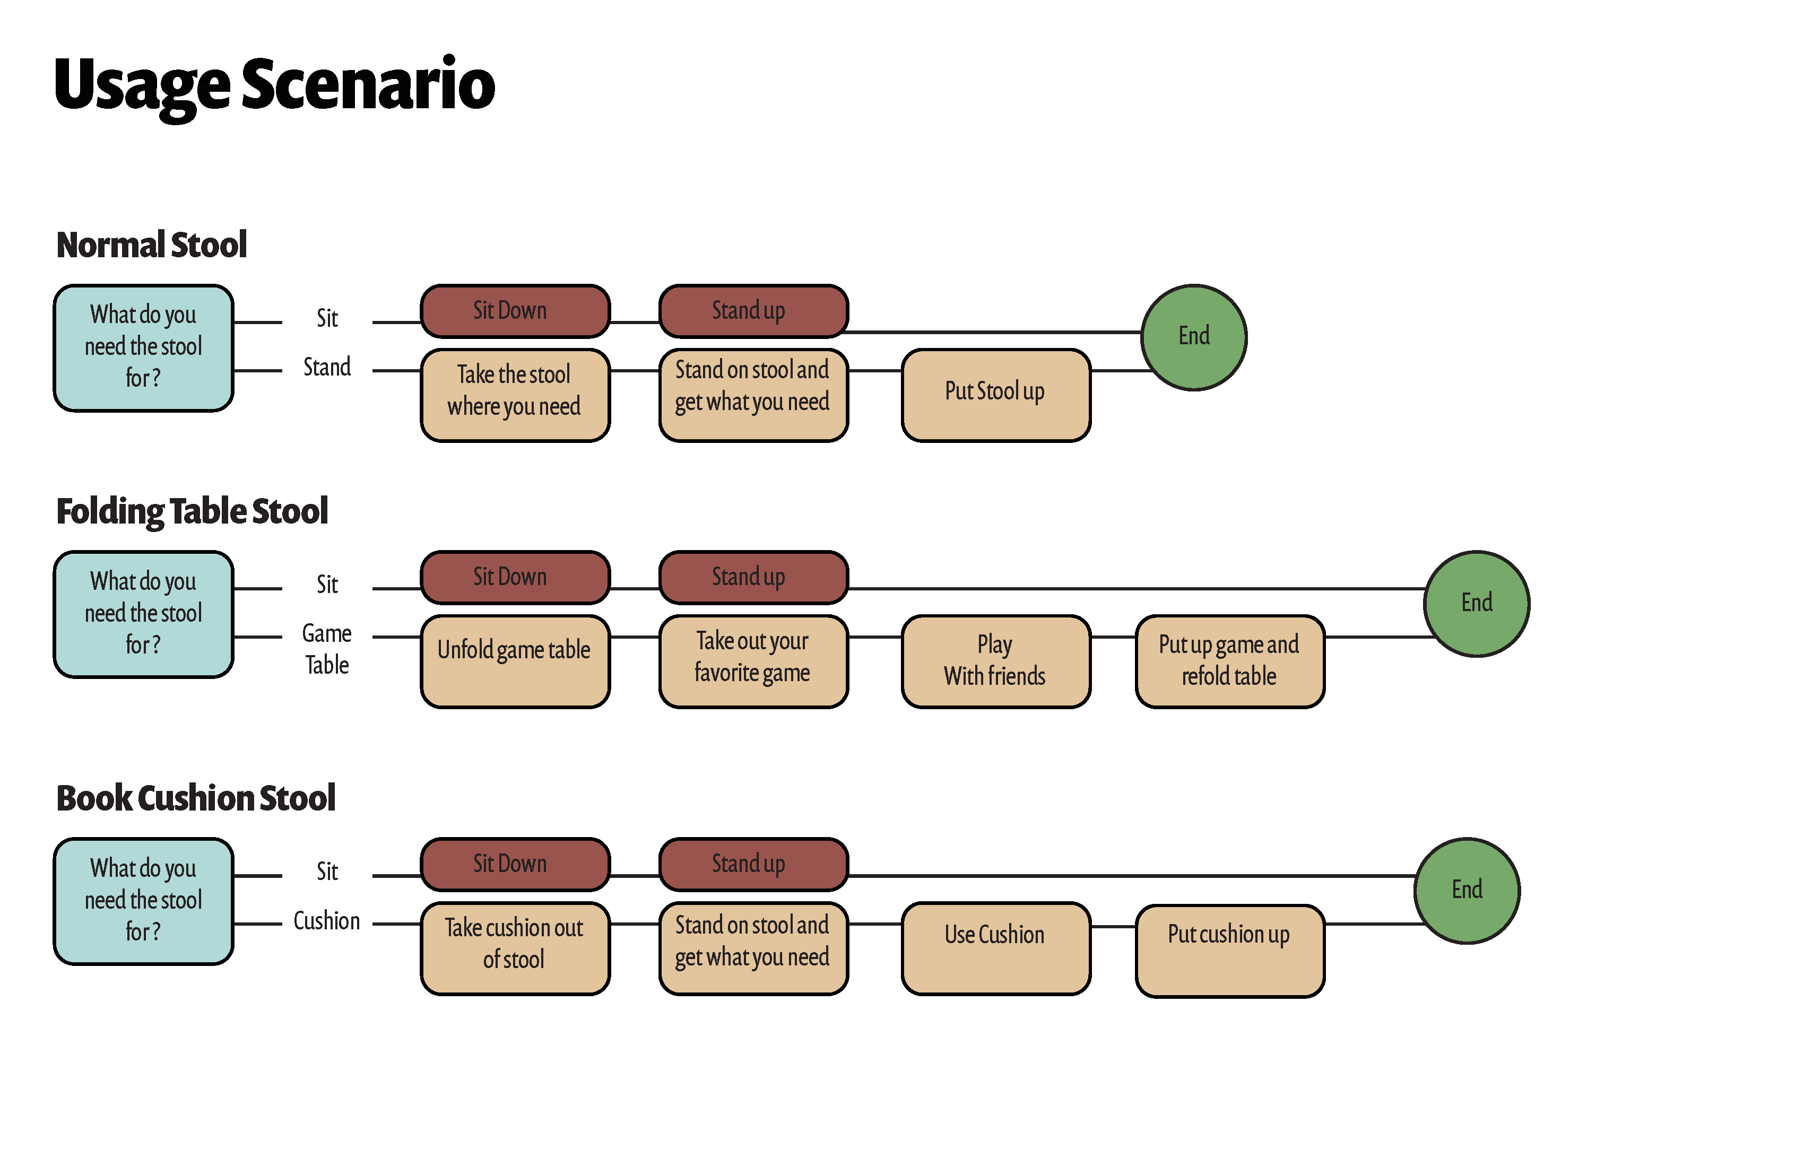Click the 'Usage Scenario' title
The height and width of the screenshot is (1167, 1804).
274,85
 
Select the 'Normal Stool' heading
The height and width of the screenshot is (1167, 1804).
152,245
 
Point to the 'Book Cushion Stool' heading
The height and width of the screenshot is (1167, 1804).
196,798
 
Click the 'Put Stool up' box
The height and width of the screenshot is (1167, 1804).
995,395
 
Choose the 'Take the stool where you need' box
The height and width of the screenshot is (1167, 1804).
515,395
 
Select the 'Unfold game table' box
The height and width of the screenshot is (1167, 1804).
515,661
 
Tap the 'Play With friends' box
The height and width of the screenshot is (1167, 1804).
995,661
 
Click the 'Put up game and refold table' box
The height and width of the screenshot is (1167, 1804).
1229,661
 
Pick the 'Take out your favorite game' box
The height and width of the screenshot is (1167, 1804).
753,661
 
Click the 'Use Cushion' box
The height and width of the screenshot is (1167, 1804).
995,948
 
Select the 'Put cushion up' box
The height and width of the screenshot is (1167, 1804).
1229,950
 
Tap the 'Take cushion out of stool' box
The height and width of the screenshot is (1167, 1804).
515,948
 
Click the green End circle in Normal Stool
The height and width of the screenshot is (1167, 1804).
1194,337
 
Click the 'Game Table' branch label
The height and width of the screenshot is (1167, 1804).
327,649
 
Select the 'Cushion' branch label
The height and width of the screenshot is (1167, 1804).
327,921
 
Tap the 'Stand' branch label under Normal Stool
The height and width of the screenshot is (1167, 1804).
327,368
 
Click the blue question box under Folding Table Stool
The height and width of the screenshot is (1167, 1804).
143,614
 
